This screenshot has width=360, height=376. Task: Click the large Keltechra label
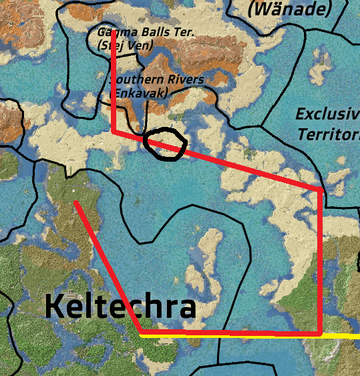(x=120, y=307)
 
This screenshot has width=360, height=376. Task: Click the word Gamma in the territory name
(x=112, y=32)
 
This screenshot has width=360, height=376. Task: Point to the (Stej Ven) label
(x=124, y=45)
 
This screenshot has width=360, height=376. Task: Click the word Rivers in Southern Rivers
(x=179, y=79)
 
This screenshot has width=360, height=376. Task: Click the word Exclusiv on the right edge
(x=327, y=114)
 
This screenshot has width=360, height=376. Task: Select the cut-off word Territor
(x=328, y=134)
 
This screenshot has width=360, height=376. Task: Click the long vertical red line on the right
(x=321, y=267)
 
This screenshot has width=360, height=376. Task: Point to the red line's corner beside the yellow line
(x=321, y=333)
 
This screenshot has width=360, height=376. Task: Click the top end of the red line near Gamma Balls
(x=113, y=48)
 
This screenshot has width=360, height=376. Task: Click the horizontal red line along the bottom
(x=230, y=333)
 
